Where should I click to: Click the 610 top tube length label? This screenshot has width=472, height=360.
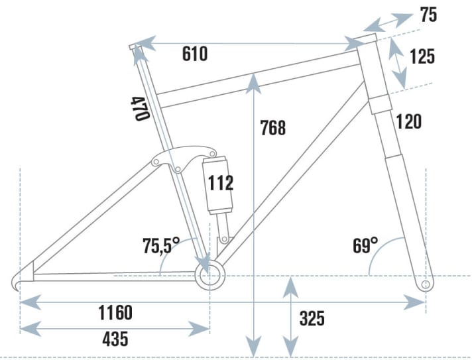[195, 54]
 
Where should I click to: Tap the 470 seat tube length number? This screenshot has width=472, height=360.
[139, 108]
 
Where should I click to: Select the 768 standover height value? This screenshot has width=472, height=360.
[272, 127]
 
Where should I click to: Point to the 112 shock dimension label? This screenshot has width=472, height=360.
[220, 182]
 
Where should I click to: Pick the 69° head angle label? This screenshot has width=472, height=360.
[365, 247]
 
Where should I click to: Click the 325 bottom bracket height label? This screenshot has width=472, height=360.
[312, 319]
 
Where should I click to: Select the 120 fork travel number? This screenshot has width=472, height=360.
[408, 121]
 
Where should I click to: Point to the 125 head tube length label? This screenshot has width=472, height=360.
[422, 56]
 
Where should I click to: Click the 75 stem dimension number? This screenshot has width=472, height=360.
[429, 15]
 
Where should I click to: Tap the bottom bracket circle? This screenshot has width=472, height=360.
[210, 274]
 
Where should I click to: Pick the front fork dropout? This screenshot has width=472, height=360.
[428, 284]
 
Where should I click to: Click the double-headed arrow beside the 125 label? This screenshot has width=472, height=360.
[398, 63]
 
